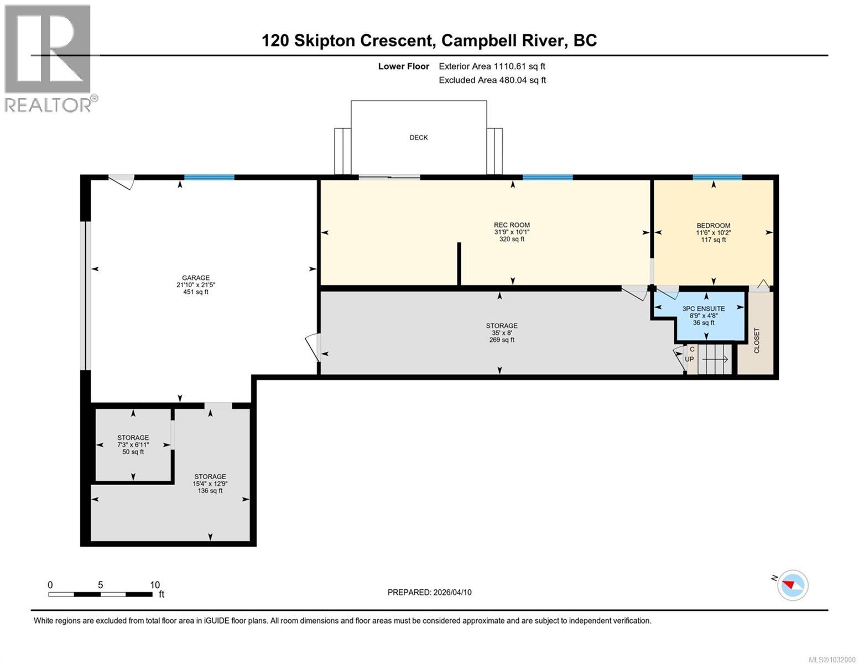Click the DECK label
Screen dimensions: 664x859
pos(418,137)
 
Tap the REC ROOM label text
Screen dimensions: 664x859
pos(512,225)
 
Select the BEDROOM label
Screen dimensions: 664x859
pos(713,226)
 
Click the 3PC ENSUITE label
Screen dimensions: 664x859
pos(703,309)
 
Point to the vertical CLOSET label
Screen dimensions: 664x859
pos(757,341)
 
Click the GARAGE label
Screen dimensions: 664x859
pos(196,278)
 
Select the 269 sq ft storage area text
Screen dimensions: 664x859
pos(502,340)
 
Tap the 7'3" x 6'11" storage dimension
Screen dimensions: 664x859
pos(133,445)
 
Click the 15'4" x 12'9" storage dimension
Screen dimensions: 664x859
pos(210,484)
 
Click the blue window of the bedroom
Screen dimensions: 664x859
pos(717,177)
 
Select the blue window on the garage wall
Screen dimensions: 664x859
pos(209,178)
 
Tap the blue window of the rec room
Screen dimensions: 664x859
pos(547,177)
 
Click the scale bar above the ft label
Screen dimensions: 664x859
pos(100,594)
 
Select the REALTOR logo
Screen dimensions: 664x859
pos(49,58)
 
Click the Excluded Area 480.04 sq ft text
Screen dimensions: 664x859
pos(492,80)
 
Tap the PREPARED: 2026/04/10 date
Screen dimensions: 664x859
pos(429,592)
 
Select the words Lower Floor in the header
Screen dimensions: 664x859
pos(403,66)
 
